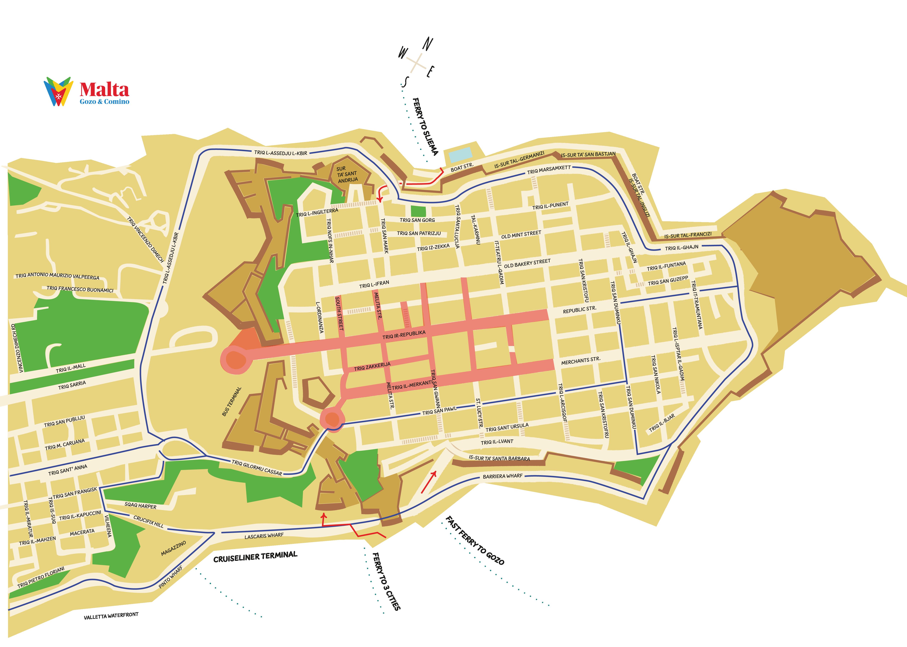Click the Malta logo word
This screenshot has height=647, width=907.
104,90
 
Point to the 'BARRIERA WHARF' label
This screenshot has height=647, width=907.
502,476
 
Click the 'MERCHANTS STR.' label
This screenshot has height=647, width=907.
581,361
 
